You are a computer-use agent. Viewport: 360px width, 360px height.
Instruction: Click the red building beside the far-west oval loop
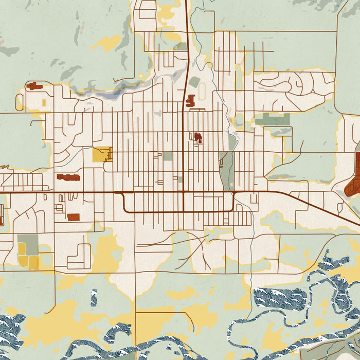[x=34, y=86]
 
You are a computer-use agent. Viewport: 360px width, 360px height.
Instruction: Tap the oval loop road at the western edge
[x=19, y=102]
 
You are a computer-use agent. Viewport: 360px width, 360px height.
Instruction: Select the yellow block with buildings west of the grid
[x=101, y=154]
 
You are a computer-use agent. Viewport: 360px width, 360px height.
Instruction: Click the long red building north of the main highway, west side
[x=68, y=177]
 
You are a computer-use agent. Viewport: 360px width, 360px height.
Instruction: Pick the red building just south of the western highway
[x=73, y=217]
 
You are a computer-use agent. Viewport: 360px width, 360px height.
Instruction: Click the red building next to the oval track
[x=191, y=100]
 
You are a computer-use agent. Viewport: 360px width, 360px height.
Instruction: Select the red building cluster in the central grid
[x=197, y=137]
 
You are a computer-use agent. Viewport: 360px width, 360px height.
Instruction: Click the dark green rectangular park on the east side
[x=272, y=120]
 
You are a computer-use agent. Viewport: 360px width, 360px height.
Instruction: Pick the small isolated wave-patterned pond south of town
[x=94, y=297]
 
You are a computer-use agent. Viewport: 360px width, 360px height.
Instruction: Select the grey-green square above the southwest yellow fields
[x=27, y=243]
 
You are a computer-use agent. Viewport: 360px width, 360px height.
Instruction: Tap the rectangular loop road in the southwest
[x=79, y=256]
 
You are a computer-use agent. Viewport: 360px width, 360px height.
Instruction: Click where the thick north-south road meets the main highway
[x=185, y=193]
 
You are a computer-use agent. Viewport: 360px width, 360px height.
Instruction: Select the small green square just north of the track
[x=194, y=82]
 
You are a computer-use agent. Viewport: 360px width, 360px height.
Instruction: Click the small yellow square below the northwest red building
[x=44, y=103]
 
